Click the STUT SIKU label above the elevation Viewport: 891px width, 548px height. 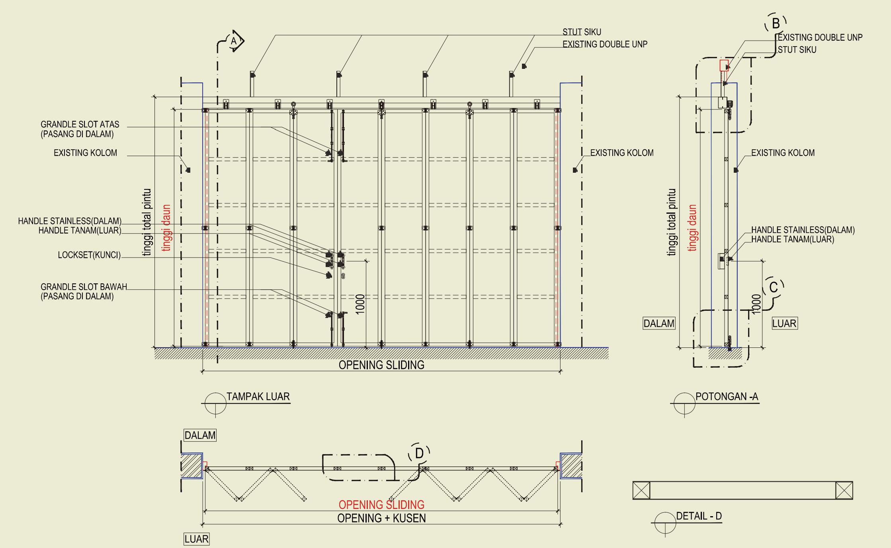582,32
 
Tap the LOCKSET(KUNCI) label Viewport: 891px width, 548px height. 89,255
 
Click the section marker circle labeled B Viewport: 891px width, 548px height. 776,23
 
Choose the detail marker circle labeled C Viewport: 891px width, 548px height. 774,287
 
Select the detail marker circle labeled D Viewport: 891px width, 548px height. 419,453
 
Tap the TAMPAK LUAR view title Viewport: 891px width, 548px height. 258,397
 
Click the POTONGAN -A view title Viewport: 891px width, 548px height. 727,397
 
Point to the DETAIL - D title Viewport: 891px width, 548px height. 699,516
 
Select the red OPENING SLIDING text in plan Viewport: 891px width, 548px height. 381,505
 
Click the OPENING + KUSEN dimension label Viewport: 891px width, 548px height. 381,518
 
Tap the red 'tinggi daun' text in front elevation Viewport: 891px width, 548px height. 166,228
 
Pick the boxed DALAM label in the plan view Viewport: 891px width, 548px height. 200,435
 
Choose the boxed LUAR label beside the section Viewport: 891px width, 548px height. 784,324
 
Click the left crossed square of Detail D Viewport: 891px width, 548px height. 641,490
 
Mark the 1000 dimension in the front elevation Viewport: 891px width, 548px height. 360,304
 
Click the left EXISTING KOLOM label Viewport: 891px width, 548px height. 85,153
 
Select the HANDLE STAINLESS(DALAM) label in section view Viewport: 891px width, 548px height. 803,230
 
